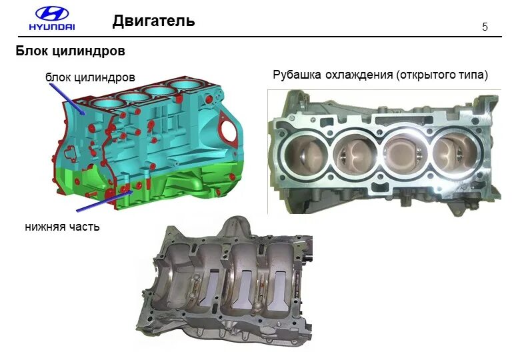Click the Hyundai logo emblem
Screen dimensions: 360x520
[51, 14]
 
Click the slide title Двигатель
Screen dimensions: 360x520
[153, 21]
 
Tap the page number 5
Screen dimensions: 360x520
[485, 27]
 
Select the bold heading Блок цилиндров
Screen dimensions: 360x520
[71, 51]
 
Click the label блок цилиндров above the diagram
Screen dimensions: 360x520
[90, 78]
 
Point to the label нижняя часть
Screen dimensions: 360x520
[62, 227]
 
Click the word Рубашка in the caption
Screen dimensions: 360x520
[297, 75]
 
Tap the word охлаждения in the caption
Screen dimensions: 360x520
[359, 75]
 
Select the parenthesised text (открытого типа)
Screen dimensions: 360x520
[442, 75]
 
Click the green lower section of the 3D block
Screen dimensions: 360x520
[167, 183]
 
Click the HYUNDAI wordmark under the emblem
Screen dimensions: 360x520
[51, 27]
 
